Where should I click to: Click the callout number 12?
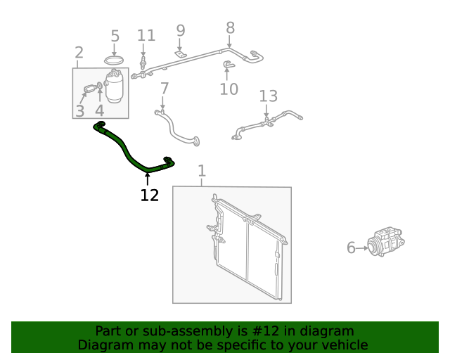pyautogui.click(x=149, y=195)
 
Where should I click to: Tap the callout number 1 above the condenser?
pyautogui.click(x=202, y=171)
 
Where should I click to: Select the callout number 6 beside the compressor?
pyautogui.click(x=351, y=247)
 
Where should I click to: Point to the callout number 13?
pyautogui.click(x=269, y=96)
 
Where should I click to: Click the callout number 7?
pyautogui.click(x=164, y=89)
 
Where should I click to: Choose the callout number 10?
pyautogui.click(x=229, y=89)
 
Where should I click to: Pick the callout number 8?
pyautogui.click(x=230, y=28)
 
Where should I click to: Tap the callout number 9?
pyautogui.click(x=180, y=30)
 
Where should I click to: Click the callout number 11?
pyautogui.click(x=146, y=36)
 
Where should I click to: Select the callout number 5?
pyautogui.click(x=115, y=36)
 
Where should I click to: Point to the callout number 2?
pyautogui.click(x=79, y=52)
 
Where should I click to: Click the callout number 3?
pyautogui.click(x=80, y=110)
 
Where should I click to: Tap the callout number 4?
pyautogui.click(x=99, y=110)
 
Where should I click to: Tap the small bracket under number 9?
pyautogui.click(x=180, y=54)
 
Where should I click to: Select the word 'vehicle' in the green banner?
pyautogui.click(x=345, y=345)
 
